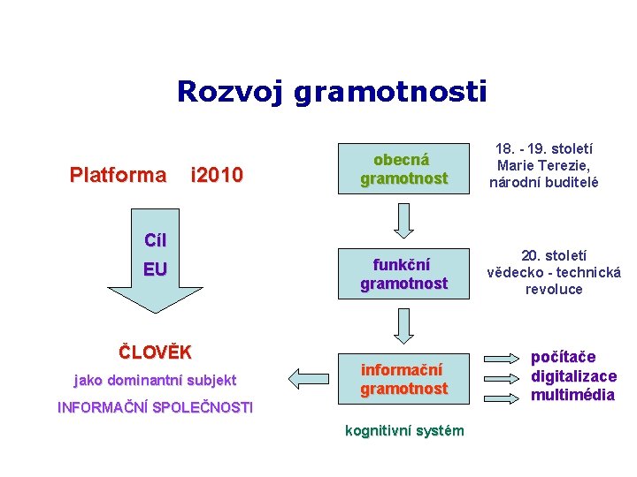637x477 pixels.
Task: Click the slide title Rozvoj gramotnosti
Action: [332, 91]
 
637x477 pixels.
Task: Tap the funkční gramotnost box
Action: [403, 275]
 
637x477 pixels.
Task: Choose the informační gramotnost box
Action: [403, 379]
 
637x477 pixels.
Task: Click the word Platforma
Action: [118, 175]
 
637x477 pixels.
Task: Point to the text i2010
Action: [217, 175]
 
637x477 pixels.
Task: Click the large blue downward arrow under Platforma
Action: [155, 265]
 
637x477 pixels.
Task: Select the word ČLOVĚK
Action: [155, 352]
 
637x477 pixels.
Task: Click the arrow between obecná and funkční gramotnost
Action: [403, 221]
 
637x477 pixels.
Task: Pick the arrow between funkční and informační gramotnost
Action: [403, 325]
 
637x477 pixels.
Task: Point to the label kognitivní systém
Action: [403, 430]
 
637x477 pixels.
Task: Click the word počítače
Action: [563, 357]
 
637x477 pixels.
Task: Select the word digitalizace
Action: [573, 375]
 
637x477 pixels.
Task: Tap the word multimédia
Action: [572, 395]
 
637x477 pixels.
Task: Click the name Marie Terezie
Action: [543, 166]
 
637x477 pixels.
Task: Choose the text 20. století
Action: [555, 256]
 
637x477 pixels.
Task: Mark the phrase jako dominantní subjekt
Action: [155, 381]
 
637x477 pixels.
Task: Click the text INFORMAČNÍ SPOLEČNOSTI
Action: [155, 407]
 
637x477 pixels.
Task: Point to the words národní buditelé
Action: [544, 183]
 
